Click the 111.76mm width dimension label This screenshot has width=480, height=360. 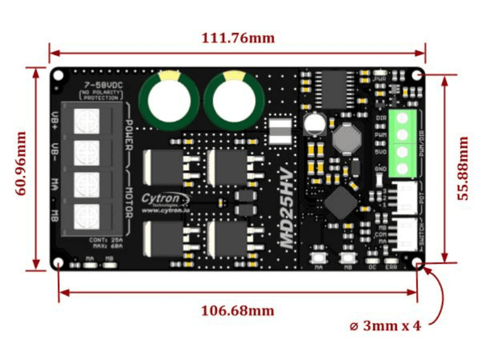click(238, 38)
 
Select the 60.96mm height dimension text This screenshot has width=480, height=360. click(21, 163)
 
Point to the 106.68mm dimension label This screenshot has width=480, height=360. click(238, 311)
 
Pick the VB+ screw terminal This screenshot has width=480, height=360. click(87, 121)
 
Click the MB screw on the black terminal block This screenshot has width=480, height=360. click(87, 216)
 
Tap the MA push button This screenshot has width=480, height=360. click(318, 258)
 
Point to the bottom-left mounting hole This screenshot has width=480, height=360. click(59, 263)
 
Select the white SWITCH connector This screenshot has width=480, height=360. click(408, 234)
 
